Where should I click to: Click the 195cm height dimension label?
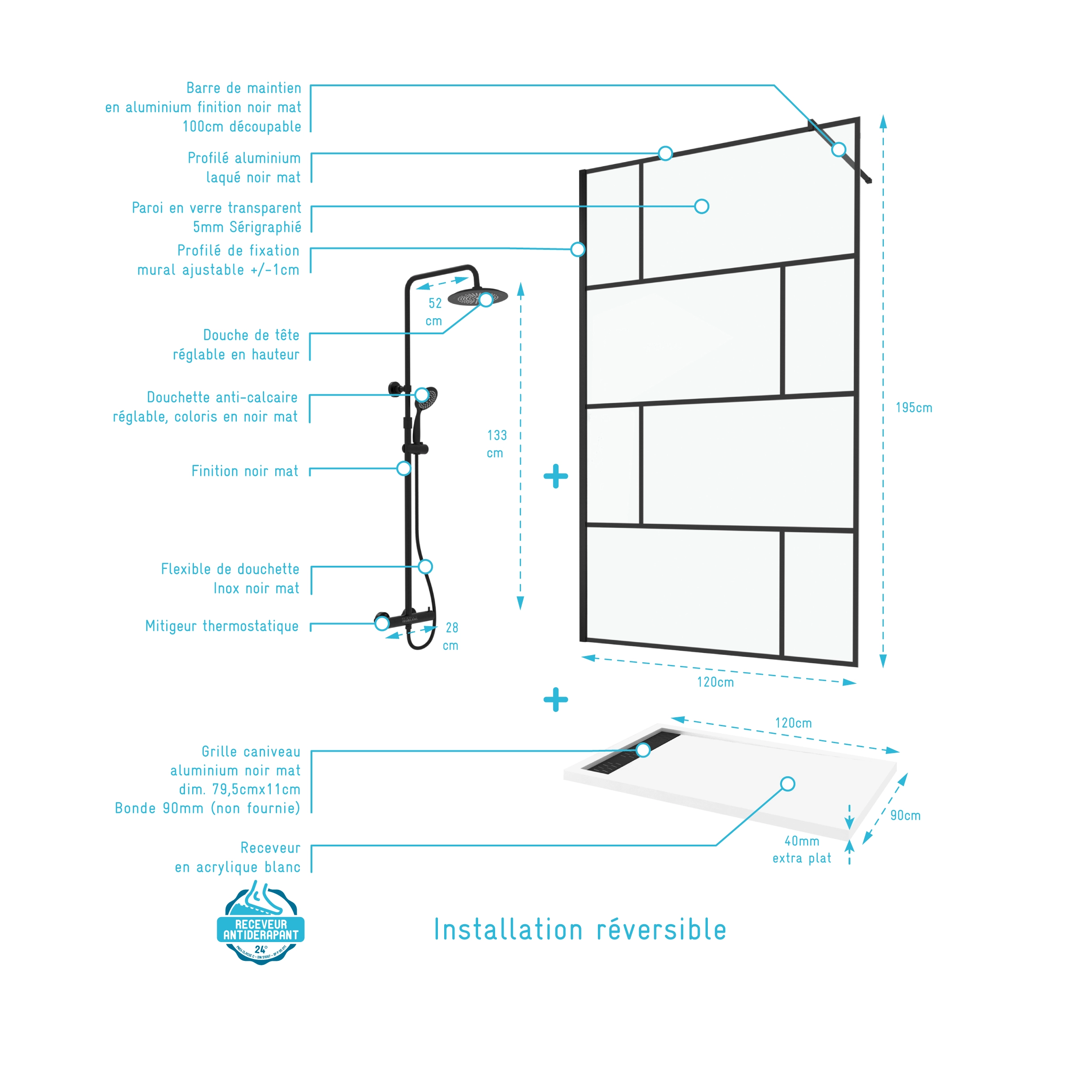coord(913,408)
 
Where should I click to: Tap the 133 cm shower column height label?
coord(496,444)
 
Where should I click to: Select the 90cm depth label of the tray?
coord(905,815)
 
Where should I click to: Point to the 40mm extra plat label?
coord(802,849)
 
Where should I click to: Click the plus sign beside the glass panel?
coord(555,476)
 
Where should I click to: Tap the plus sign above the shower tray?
coord(555,700)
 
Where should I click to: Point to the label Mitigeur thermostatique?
coord(222,626)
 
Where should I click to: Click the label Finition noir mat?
coord(244,471)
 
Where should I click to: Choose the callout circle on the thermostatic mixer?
coord(382,623)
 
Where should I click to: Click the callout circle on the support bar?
coord(838,149)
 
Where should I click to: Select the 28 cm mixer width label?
coord(451,636)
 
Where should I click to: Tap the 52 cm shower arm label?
coord(434,311)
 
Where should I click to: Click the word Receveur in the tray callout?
coord(270,847)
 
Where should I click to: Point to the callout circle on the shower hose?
coord(425,567)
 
